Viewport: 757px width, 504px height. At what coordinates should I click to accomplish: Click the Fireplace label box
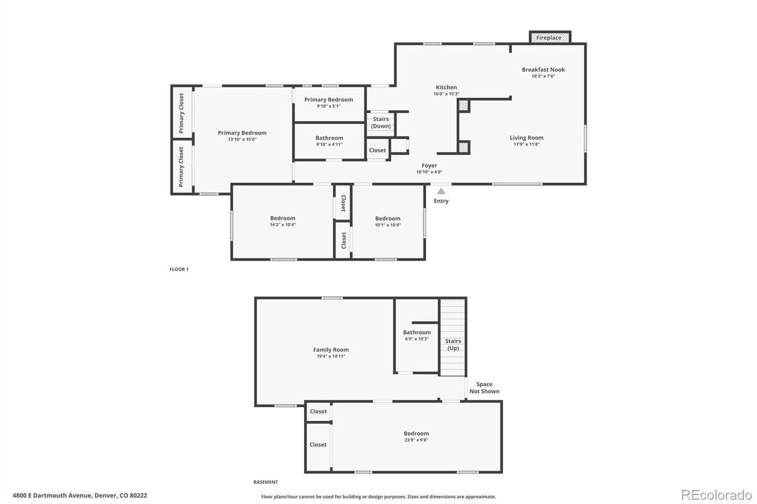click(549, 38)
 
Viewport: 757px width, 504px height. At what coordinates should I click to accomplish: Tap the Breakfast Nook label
click(543, 70)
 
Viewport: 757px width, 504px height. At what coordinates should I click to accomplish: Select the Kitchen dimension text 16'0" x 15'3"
click(446, 94)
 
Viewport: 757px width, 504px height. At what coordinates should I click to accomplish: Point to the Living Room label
click(527, 138)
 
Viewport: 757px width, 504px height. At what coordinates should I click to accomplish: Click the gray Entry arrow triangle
click(441, 191)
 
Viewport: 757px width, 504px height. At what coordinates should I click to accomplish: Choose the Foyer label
click(429, 165)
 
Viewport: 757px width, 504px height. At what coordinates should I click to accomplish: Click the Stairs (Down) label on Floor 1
click(381, 122)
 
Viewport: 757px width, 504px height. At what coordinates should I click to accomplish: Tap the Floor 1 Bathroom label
click(329, 138)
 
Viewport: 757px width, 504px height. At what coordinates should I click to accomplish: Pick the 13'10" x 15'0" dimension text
click(242, 139)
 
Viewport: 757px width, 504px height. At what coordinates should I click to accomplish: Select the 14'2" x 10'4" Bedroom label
click(282, 218)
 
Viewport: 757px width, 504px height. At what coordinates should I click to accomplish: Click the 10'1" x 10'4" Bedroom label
click(387, 218)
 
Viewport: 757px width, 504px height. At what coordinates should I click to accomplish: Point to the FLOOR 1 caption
click(179, 269)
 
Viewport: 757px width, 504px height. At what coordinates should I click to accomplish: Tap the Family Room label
click(331, 350)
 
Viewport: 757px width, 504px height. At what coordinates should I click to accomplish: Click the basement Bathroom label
click(417, 332)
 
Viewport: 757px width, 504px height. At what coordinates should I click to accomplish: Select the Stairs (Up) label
click(453, 345)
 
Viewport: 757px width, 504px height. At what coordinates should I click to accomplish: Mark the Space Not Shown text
click(484, 388)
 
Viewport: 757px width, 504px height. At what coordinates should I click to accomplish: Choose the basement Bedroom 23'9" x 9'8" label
click(416, 434)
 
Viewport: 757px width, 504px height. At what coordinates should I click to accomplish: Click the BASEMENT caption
click(265, 482)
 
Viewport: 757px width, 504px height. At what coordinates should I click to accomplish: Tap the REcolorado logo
click(716, 495)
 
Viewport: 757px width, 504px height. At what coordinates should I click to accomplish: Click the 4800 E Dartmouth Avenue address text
click(80, 495)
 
